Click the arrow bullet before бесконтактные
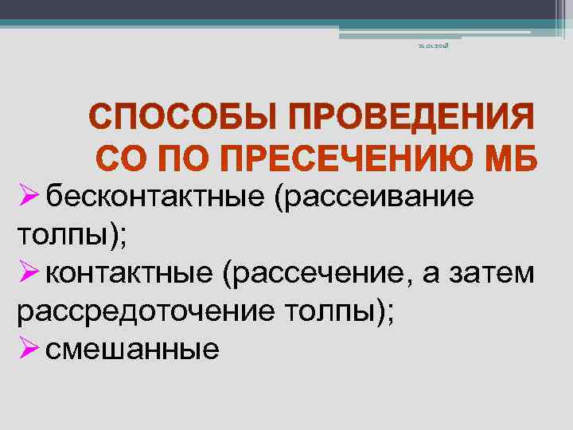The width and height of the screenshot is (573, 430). [28, 195]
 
